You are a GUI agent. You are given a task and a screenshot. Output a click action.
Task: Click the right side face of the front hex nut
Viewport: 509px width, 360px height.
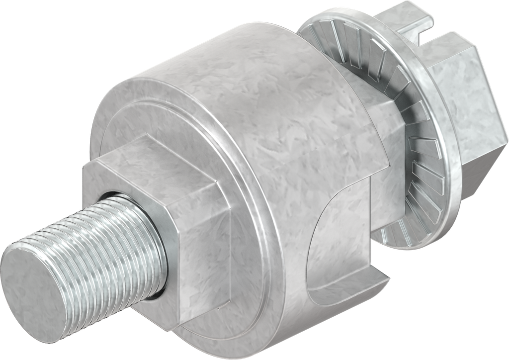(x=199, y=259)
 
